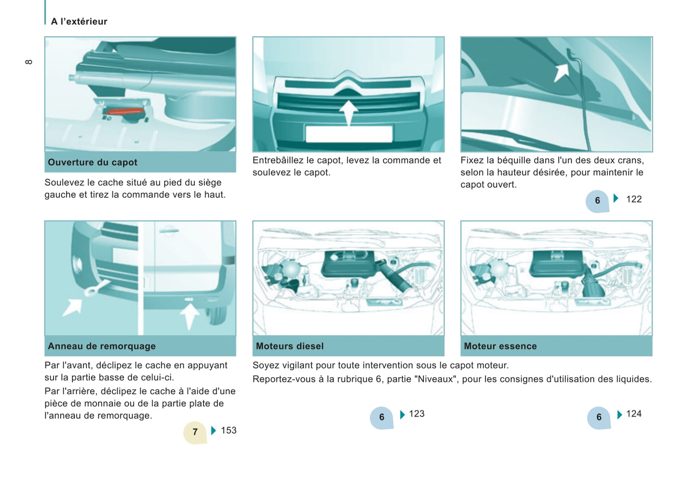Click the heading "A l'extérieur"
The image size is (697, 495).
(x=79, y=22)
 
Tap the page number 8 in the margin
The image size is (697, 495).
(x=28, y=62)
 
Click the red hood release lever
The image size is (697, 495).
(x=124, y=111)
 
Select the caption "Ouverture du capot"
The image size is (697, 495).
(x=93, y=162)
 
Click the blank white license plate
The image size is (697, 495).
(x=349, y=134)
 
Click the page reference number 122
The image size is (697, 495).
(x=634, y=199)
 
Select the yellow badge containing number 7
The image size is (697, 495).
(x=195, y=432)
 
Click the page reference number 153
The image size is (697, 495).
(x=229, y=430)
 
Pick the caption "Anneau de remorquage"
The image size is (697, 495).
(x=102, y=346)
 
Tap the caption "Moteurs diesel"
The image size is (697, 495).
(x=290, y=346)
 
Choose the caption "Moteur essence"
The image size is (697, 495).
(x=500, y=346)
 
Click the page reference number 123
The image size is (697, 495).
(x=417, y=414)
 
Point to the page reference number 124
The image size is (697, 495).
(x=634, y=414)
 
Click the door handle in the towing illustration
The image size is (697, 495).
(x=169, y=231)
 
